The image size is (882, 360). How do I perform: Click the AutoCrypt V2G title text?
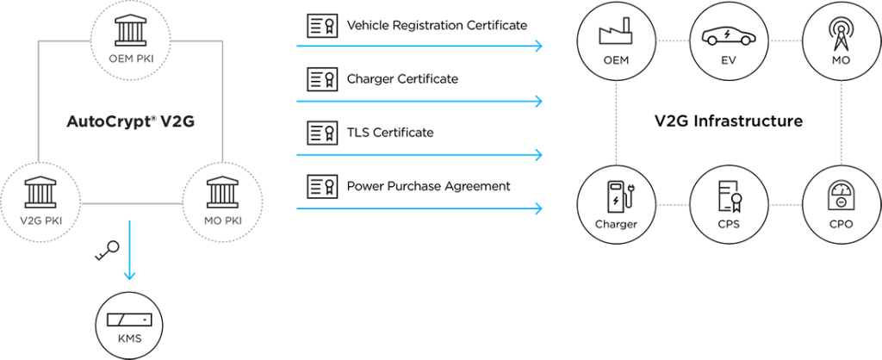[x=131, y=121]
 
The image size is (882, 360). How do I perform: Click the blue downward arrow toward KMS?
[x=129, y=250]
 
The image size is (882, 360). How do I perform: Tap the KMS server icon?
[x=128, y=320]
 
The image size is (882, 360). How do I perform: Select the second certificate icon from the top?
[x=322, y=80]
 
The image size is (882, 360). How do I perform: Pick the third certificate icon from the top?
[x=322, y=133]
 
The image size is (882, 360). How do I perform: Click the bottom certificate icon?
[x=322, y=185]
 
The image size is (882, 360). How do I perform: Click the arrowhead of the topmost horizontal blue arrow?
[x=539, y=46]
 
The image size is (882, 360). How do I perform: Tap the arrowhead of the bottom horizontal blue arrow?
[x=539, y=208]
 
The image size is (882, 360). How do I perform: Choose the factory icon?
[x=615, y=35]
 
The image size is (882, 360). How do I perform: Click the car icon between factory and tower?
[x=728, y=37]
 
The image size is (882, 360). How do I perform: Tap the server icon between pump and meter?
[x=730, y=197]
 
